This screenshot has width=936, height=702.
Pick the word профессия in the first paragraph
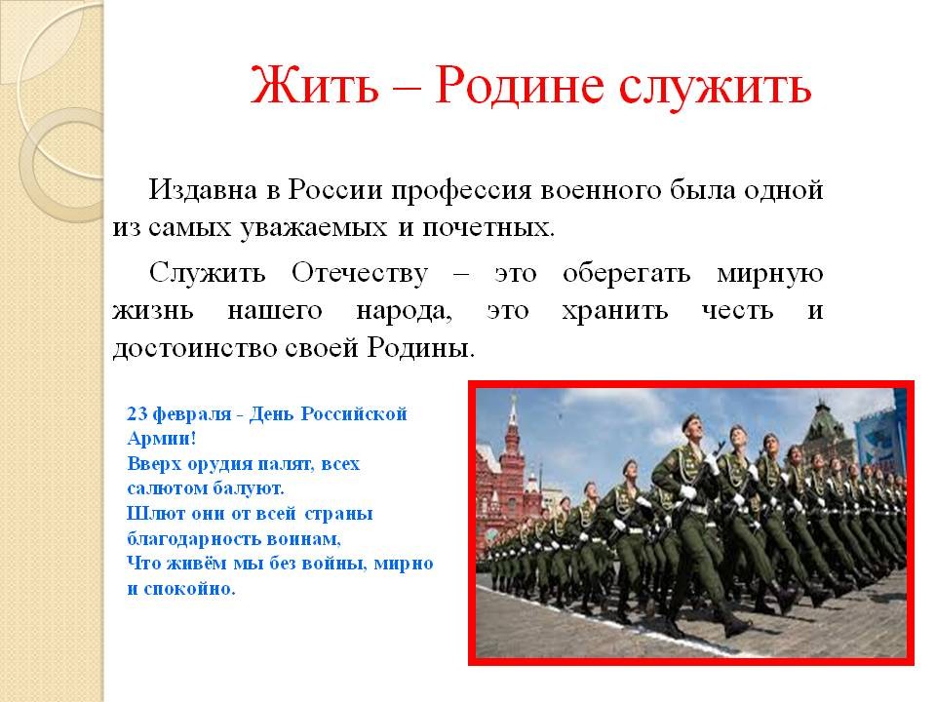pos(461,192)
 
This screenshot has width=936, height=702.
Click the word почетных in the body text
pos(488,228)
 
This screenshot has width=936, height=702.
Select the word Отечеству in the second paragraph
pos(360,274)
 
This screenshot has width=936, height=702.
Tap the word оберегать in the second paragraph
pos(627,274)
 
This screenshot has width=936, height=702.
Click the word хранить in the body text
pos(614,311)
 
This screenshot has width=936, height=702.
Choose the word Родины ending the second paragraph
pos(421,348)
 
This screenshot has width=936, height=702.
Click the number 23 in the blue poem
pos(137,413)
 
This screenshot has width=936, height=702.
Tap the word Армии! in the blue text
pos(161,439)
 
